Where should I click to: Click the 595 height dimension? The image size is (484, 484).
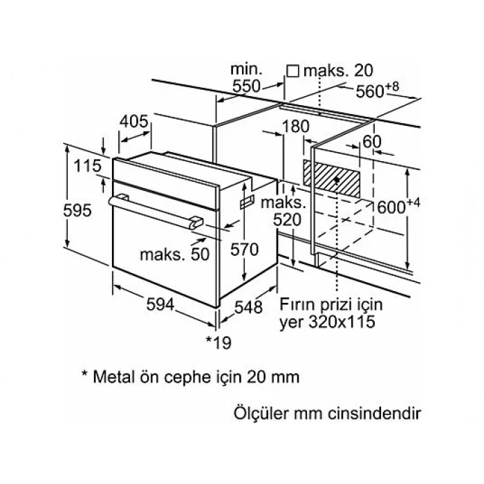pyautogui.click(x=77, y=210)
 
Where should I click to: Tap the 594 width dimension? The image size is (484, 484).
pyautogui.click(x=160, y=305)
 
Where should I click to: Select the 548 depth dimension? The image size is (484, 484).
pyautogui.click(x=248, y=307)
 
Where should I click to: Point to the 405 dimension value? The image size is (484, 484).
pyautogui.click(x=134, y=121)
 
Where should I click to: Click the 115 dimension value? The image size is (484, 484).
pyautogui.click(x=87, y=166)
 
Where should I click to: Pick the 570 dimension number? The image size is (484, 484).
pyautogui.click(x=244, y=250)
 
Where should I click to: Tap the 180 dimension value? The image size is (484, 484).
pyautogui.click(x=296, y=127)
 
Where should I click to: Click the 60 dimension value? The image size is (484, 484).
pyautogui.click(x=372, y=142)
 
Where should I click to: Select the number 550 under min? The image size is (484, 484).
pyautogui.click(x=246, y=86)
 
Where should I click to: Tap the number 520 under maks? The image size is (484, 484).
pyautogui.click(x=287, y=220)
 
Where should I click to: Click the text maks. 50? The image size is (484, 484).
pyautogui.click(x=175, y=254)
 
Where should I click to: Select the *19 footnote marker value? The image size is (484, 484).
pyautogui.click(x=218, y=343)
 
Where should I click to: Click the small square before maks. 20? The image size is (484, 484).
pyautogui.click(x=292, y=71)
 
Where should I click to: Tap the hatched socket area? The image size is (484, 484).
pyautogui.click(x=332, y=178)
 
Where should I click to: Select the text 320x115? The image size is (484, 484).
pyautogui.click(x=342, y=322)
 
